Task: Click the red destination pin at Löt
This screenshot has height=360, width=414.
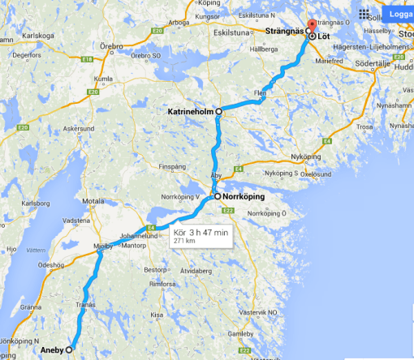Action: point(312,25)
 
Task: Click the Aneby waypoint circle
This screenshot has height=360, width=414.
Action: point(68,350)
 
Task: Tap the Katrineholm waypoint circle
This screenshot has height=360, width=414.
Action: point(218,111)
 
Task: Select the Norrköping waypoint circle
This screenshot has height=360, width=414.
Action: point(216,196)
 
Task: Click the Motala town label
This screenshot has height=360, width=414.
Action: point(94,198)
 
